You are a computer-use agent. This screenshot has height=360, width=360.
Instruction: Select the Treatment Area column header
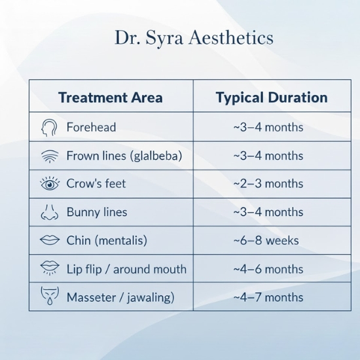tap(110, 98)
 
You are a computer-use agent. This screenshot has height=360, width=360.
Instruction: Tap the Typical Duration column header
tap(271, 98)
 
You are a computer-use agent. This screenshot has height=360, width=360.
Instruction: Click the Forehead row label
tap(90, 127)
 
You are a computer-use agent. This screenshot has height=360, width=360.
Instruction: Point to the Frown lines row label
tap(124, 156)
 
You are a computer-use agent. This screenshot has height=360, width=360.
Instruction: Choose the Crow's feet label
tap(96, 184)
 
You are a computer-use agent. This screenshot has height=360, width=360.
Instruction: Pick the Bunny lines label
tap(97, 212)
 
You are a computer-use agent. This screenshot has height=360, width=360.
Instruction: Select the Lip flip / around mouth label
tap(126, 269)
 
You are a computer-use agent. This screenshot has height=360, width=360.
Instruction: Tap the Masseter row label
tap(120, 297)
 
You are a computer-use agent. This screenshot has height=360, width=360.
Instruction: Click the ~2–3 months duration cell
tap(268, 184)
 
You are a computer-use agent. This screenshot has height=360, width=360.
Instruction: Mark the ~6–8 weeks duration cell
tap(266, 240)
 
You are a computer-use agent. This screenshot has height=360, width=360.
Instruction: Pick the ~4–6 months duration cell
tap(268, 269)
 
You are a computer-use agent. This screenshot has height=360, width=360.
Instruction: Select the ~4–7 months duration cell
tap(268, 297)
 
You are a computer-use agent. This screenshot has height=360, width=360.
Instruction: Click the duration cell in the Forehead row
tap(268, 127)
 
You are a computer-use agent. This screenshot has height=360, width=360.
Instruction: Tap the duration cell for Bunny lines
tap(268, 212)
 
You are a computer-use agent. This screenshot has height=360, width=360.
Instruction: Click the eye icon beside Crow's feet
tap(50, 184)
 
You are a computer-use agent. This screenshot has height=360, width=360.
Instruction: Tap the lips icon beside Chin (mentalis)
tap(50, 240)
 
